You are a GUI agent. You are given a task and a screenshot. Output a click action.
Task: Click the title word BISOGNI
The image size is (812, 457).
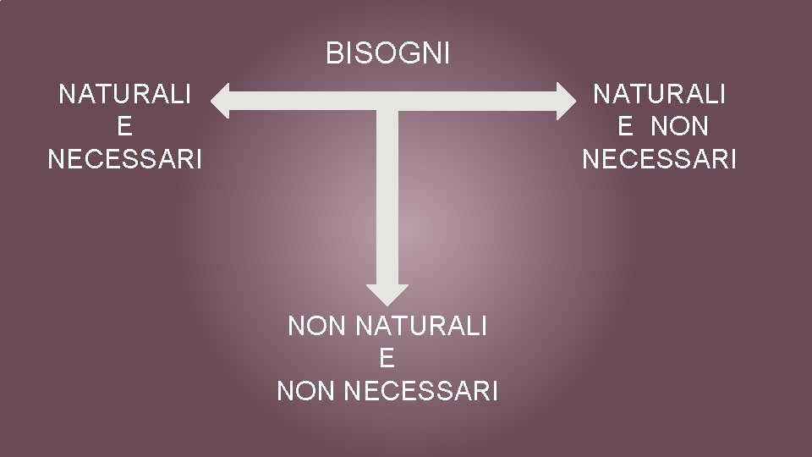pyautogui.click(x=388, y=54)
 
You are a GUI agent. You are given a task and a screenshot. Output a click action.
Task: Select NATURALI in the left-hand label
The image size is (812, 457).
pyautogui.click(x=125, y=94)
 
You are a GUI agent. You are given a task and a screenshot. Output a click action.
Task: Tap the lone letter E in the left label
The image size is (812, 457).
pyautogui.click(x=125, y=126)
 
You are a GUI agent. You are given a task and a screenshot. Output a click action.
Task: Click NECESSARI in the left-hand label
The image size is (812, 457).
pyautogui.click(x=125, y=158)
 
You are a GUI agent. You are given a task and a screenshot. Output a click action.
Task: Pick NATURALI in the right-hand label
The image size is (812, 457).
pyautogui.click(x=660, y=94)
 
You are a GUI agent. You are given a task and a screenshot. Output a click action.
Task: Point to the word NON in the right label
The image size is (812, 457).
pyautogui.click(x=681, y=126)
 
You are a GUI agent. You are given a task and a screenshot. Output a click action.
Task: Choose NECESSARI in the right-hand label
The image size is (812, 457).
pyautogui.click(x=660, y=158)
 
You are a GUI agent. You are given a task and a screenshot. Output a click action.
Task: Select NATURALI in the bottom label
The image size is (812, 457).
pyautogui.click(x=422, y=326)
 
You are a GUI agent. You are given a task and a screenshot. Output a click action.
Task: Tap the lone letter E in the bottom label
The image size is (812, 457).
pyautogui.click(x=387, y=358)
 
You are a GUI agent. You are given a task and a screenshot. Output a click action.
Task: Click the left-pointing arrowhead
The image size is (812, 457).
pyautogui.click(x=222, y=101)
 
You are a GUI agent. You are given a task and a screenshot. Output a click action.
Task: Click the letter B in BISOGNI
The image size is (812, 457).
pyautogui.click(x=333, y=54)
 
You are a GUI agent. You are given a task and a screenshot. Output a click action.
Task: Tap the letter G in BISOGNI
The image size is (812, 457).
pyautogui.click(x=405, y=54)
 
